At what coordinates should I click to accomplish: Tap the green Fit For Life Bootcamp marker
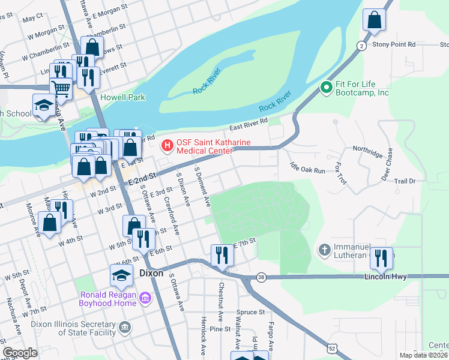coord(327,88)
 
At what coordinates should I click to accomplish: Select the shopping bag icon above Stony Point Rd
coord(374,20)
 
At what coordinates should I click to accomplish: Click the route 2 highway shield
coord(361,46)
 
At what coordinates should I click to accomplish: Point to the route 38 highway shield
coord(260,277)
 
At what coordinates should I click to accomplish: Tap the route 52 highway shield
coord(332,348)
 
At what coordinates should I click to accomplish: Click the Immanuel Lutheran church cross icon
coord(324,249)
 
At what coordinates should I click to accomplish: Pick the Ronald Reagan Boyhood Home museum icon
coord(145,298)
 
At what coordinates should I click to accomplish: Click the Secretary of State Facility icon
coord(124,327)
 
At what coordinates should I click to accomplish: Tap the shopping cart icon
coord(61,89)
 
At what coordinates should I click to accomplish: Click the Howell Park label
coord(123,97)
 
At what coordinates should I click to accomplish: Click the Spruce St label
coord(251,312)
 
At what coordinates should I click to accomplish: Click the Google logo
coord(20,353)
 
